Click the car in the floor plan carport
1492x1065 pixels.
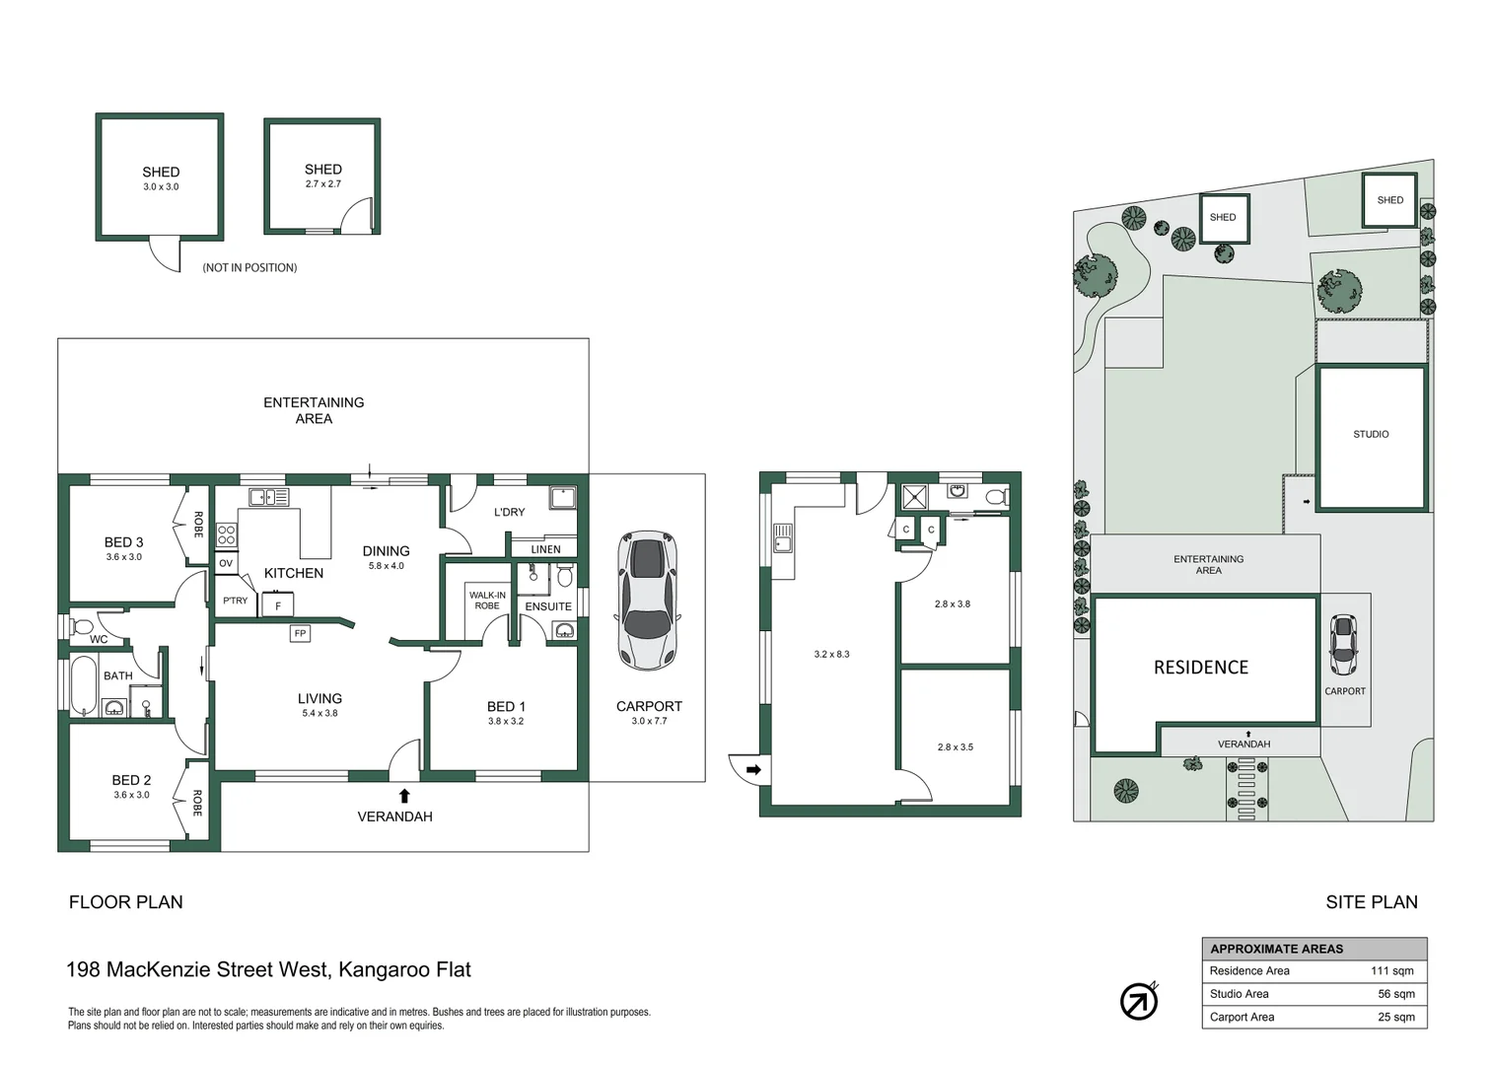(x=647, y=600)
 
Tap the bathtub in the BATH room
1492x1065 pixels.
(x=84, y=686)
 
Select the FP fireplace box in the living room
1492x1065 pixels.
(x=300, y=633)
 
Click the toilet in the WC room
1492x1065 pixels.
(x=82, y=625)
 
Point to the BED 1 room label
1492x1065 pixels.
(x=506, y=706)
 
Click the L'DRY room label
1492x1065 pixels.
(x=509, y=512)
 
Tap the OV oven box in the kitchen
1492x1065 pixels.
(x=226, y=564)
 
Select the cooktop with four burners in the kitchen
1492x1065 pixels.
(x=226, y=535)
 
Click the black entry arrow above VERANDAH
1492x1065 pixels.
(x=403, y=796)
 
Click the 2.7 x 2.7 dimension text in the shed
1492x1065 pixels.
(x=322, y=184)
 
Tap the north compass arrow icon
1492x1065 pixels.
(x=1139, y=1002)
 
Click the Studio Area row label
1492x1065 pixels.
(x=1239, y=994)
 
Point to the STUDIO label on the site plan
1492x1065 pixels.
(x=1371, y=434)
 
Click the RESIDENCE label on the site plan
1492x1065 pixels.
(x=1200, y=668)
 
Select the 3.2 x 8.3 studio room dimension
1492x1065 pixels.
(x=831, y=654)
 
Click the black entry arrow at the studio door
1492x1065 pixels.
(x=753, y=769)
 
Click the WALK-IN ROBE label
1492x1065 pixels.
(x=487, y=601)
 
